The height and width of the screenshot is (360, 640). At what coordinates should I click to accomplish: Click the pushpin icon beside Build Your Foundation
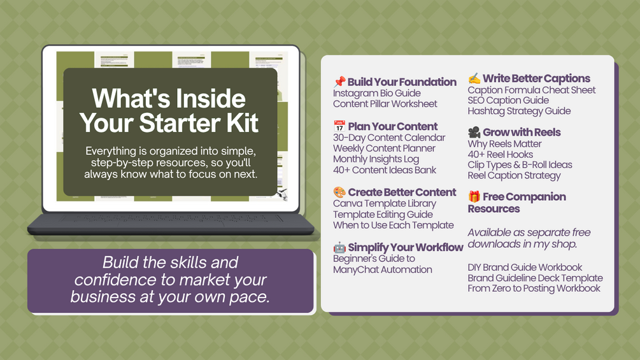click(339, 82)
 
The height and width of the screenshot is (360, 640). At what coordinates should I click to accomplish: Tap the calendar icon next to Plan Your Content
click(339, 126)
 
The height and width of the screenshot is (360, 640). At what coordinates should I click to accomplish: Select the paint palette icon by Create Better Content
click(339, 192)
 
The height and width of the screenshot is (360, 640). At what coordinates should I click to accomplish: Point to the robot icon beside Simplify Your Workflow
click(339, 247)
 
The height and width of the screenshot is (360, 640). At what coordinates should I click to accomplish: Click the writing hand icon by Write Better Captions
click(474, 78)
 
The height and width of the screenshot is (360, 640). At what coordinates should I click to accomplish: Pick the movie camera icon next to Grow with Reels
click(474, 132)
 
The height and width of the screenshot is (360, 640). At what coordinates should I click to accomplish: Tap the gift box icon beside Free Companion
click(474, 196)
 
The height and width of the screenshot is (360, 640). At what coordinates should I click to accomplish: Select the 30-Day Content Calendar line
click(389, 138)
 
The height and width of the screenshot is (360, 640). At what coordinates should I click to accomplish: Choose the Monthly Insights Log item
click(376, 159)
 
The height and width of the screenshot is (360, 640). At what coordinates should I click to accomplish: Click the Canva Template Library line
click(385, 203)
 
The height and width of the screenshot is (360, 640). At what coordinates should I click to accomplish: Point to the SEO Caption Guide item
click(508, 101)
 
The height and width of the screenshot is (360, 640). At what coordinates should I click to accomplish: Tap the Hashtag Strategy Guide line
click(519, 111)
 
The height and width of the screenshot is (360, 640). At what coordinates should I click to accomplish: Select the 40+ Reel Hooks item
click(501, 154)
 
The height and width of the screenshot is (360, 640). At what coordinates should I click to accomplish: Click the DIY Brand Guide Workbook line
click(525, 268)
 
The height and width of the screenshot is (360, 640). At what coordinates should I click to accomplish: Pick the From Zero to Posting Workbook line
click(534, 288)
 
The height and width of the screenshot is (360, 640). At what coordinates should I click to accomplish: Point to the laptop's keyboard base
click(171, 224)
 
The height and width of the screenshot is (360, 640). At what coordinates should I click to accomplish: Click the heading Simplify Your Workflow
click(406, 247)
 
